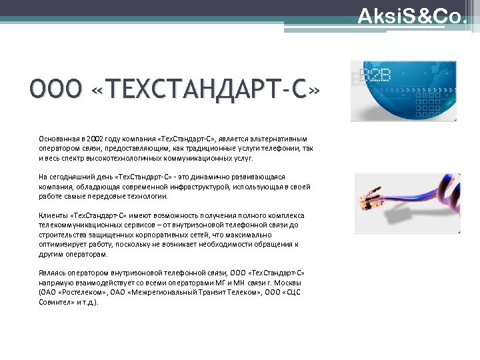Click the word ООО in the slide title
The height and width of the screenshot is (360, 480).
[55, 89]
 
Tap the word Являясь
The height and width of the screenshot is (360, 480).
[53, 273]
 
